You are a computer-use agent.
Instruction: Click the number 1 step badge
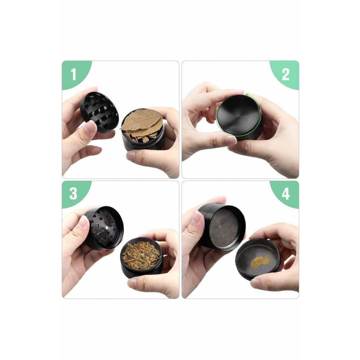point(73,75)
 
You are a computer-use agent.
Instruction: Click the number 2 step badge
point(285,75)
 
